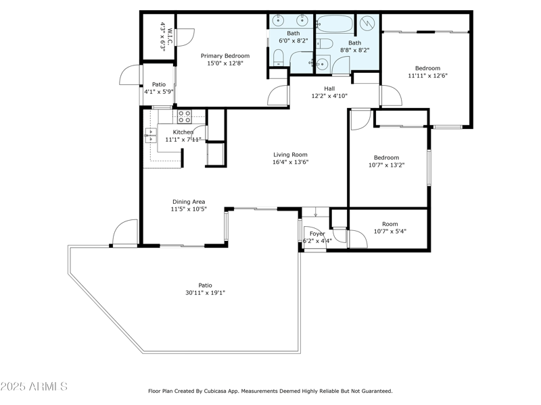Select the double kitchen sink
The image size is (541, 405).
150,136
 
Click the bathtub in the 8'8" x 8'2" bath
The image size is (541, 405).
334,24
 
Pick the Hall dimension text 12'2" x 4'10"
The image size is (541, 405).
329,96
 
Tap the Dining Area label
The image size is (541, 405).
189,202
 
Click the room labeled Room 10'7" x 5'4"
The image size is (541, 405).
390,224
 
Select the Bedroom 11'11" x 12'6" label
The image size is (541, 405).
427,68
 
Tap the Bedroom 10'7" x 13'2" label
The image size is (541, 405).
386,158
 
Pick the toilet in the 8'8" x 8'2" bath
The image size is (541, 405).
325,45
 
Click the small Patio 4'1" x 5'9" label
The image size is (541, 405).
158,84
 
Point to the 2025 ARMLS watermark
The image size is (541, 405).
34,387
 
